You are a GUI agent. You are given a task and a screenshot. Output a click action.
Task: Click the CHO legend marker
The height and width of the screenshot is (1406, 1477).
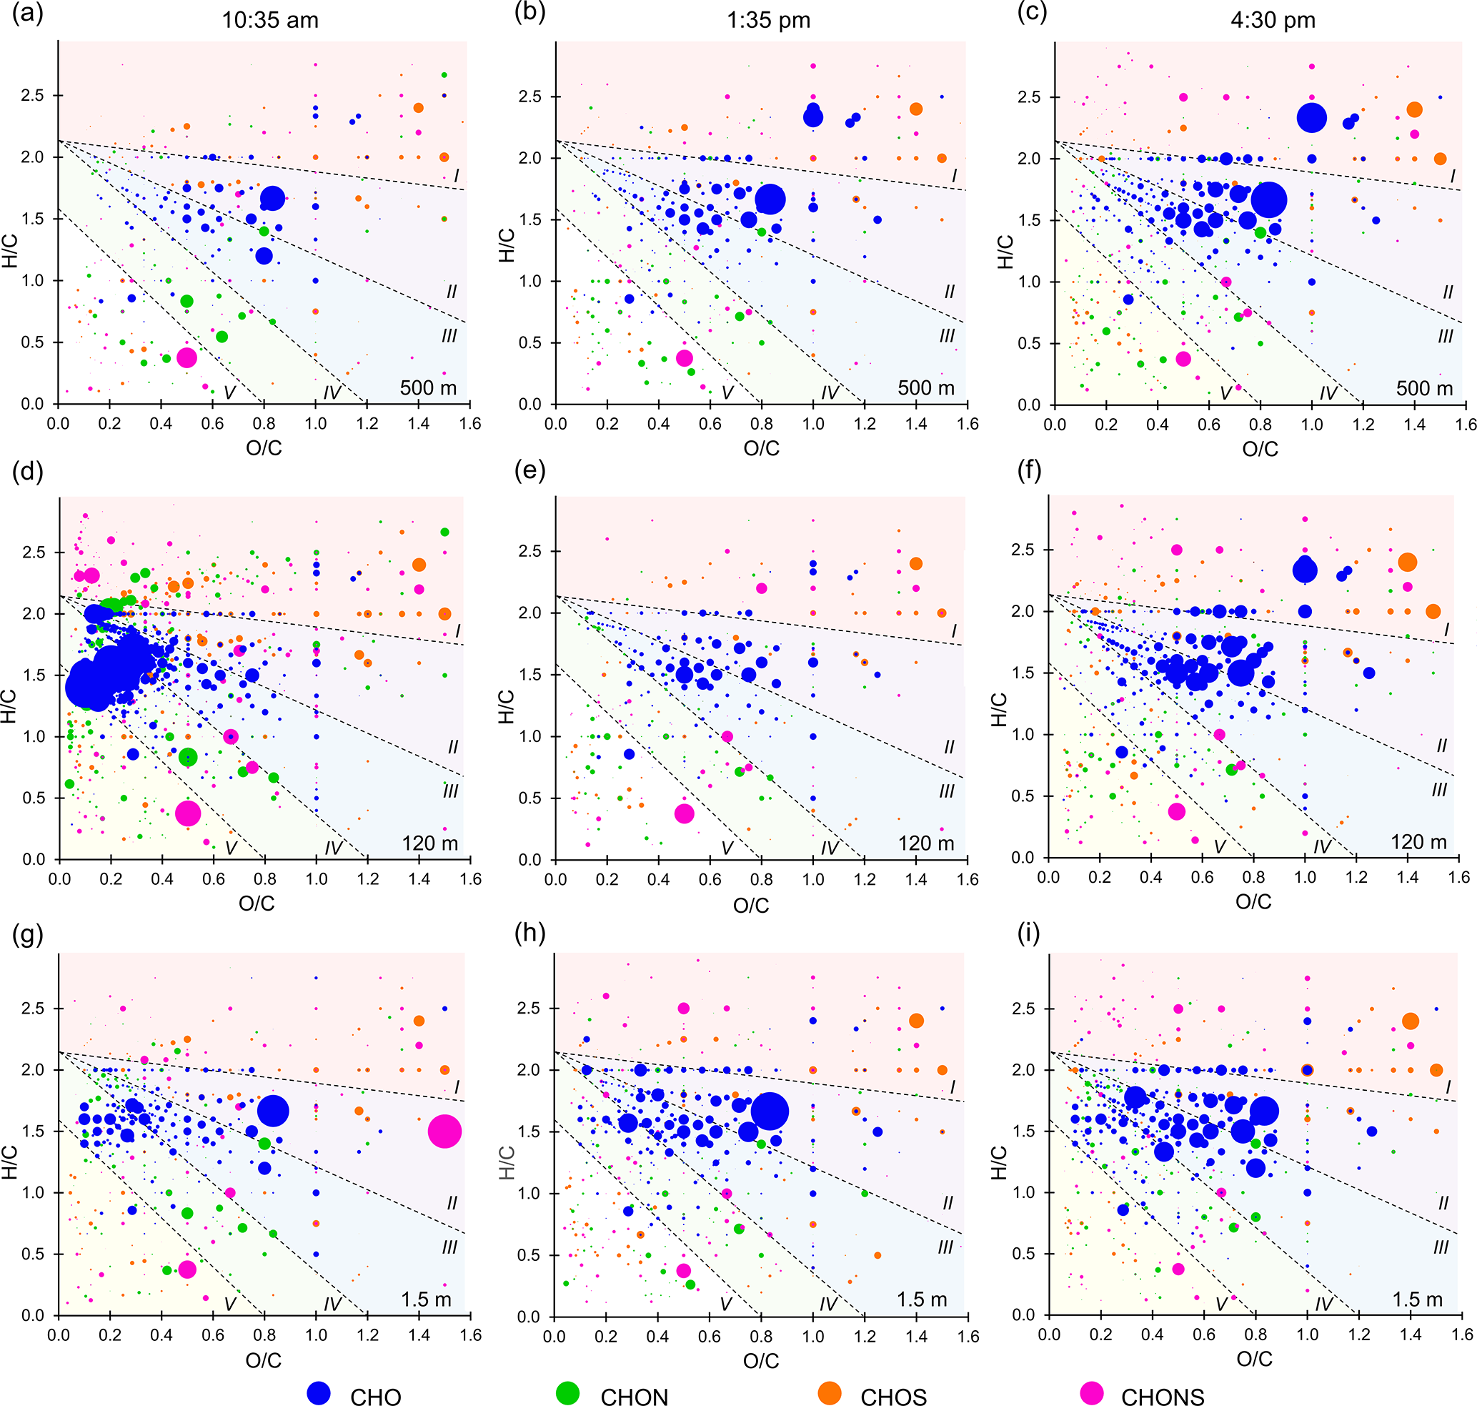[x=319, y=1392]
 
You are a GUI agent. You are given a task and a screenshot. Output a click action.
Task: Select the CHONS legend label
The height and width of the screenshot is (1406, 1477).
[x=1163, y=1395]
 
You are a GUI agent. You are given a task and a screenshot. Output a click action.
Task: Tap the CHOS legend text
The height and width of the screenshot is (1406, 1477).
[x=893, y=1395]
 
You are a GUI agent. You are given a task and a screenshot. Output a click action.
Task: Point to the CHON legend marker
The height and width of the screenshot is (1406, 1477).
[x=568, y=1392]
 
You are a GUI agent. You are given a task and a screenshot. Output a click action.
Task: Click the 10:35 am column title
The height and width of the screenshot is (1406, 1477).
[x=270, y=20]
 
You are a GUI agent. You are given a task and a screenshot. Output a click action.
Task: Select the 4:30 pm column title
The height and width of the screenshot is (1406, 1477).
[x=1273, y=20]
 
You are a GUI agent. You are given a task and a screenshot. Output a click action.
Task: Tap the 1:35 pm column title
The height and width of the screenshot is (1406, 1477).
[x=768, y=20]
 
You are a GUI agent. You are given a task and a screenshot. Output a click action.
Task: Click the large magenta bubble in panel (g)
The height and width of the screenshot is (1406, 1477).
[x=444, y=1131]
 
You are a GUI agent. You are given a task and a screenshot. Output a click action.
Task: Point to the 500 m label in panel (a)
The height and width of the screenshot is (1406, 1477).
[x=428, y=387]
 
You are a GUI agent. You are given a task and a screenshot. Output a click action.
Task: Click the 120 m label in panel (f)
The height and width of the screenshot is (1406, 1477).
[x=1418, y=841]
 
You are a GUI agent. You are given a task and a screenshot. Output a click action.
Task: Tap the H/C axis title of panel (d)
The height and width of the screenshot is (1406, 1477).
[x=9, y=707]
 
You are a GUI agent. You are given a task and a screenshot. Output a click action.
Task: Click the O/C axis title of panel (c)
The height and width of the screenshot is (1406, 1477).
[x=1260, y=449]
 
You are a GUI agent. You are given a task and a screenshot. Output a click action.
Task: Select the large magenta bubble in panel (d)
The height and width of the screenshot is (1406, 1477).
[x=187, y=813]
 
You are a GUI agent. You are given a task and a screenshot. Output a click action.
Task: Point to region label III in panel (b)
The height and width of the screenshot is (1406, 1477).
[x=948, y=336]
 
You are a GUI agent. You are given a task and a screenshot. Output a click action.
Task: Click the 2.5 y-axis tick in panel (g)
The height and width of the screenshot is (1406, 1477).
[x=33, y=1008]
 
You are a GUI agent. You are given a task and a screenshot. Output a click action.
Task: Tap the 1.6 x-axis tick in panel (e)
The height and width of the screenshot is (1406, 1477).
[x=968, y=879]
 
